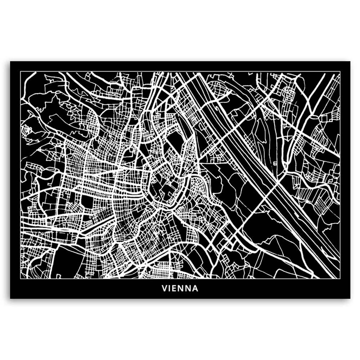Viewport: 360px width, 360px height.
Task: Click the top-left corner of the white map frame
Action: [21, 71]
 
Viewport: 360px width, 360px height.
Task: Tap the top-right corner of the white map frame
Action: [340, 71]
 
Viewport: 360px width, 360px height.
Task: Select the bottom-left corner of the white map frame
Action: [21, 279]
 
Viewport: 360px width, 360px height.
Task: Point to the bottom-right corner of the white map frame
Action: [340, 279]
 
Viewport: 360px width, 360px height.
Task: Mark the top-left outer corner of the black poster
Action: [10, 62]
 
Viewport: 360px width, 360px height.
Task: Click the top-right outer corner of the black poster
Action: [350, 62]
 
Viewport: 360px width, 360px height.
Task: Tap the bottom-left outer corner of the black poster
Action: [10, 298]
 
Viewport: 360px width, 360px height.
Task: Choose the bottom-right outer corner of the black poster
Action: [350, 298]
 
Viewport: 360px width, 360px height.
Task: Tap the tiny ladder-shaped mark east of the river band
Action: [275, 163]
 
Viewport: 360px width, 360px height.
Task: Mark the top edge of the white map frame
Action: [180, 71]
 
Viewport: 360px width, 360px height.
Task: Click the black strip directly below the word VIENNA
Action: [180, 295]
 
